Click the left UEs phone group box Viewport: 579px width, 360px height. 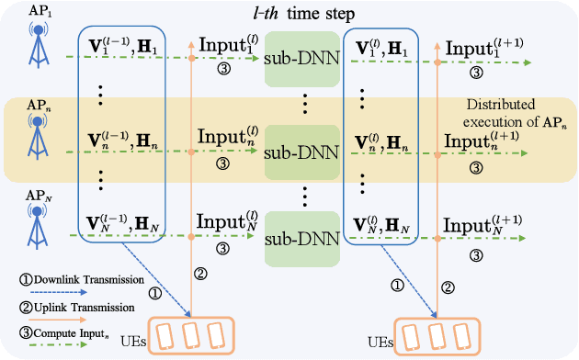click(x=190, y=334)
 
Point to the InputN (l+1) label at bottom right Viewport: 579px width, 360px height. click(x=480, y=225)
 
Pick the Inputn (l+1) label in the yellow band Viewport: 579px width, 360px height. click(x=480, y=140)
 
